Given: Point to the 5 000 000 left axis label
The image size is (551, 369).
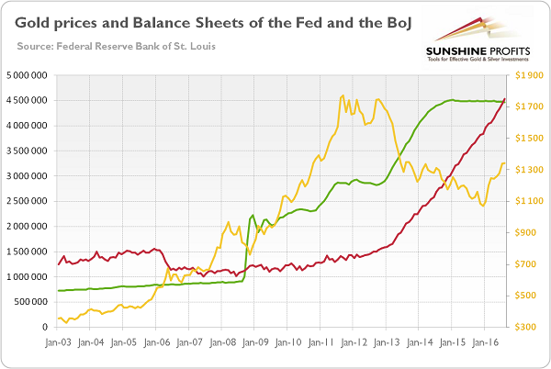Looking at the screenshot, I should (x=30, y=74).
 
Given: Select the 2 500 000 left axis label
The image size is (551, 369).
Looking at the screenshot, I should (x=30, y=201).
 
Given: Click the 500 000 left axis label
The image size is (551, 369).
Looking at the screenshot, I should (x=33, y=302).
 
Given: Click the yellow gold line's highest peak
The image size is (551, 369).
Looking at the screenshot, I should (x=342, y=95).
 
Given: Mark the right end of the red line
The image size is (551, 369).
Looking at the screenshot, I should (x=504, y=99).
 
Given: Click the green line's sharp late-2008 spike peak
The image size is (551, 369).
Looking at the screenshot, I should (x=253, y=216).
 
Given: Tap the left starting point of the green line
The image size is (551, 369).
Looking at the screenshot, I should (x=58, y=291).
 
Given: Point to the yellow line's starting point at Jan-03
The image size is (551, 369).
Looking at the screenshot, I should (x=58, y=319).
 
